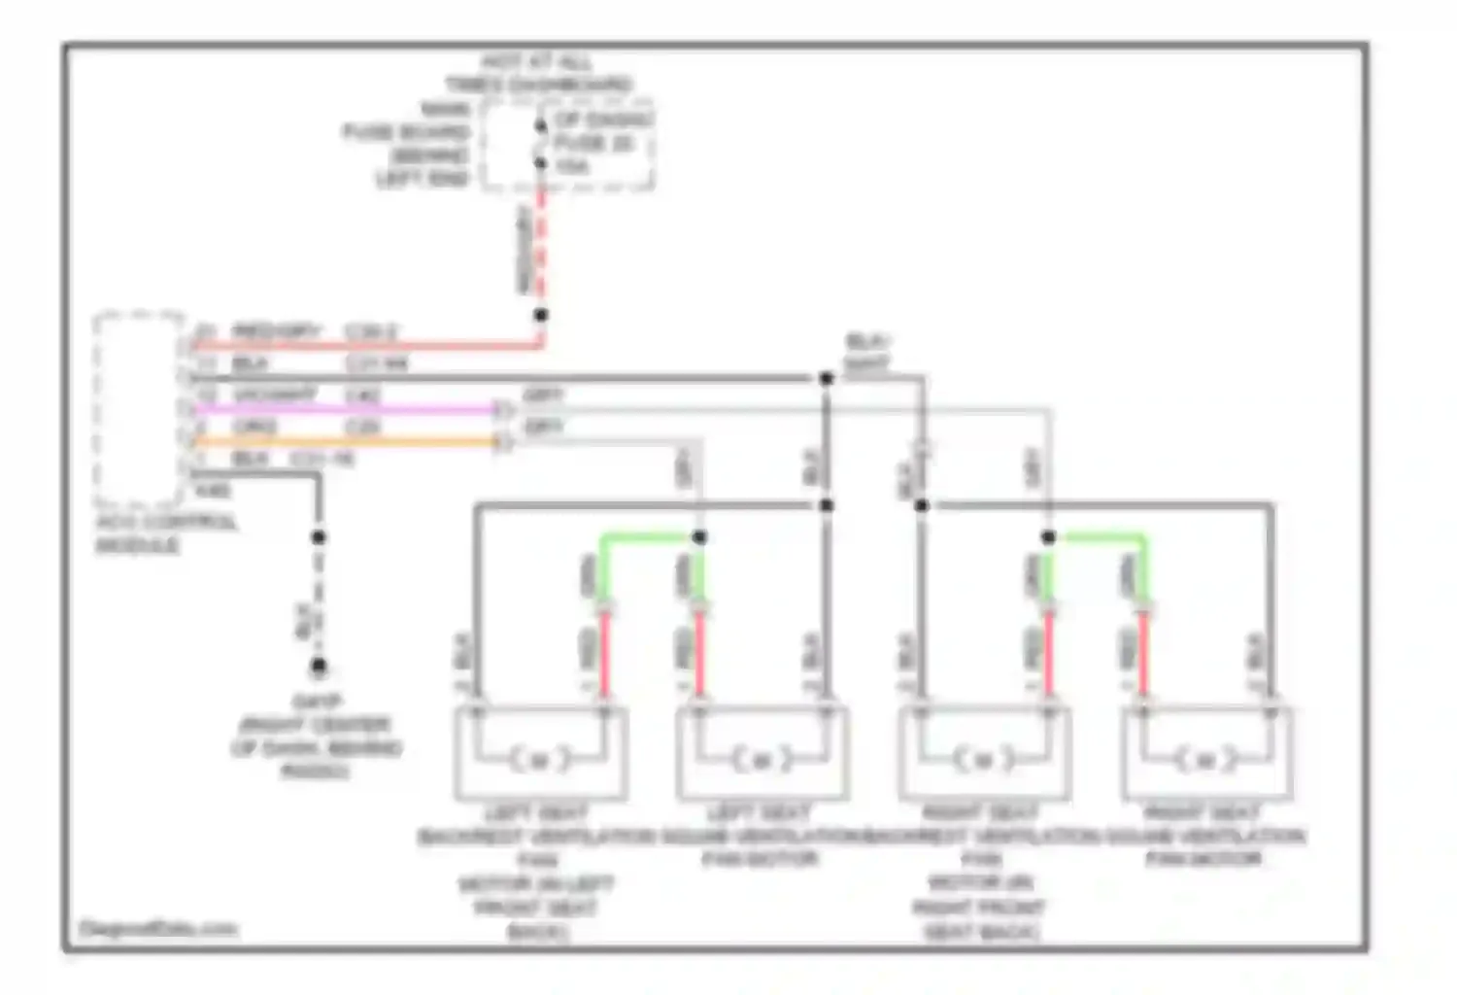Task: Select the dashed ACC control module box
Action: [139, 408]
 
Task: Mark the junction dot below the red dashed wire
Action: [541, 315]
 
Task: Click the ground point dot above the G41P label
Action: [319, 667]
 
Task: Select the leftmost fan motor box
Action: [540, 754]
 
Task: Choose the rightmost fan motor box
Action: [1206, 754]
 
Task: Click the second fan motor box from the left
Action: [762, 754]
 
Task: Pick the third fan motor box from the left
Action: [984, 754]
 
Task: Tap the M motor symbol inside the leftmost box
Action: [540, 759]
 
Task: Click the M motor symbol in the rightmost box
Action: [1206, 759]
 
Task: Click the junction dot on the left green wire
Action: [699, 537]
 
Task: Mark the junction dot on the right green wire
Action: [1049, 537]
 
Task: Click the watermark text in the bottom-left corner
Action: [157, 929]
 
